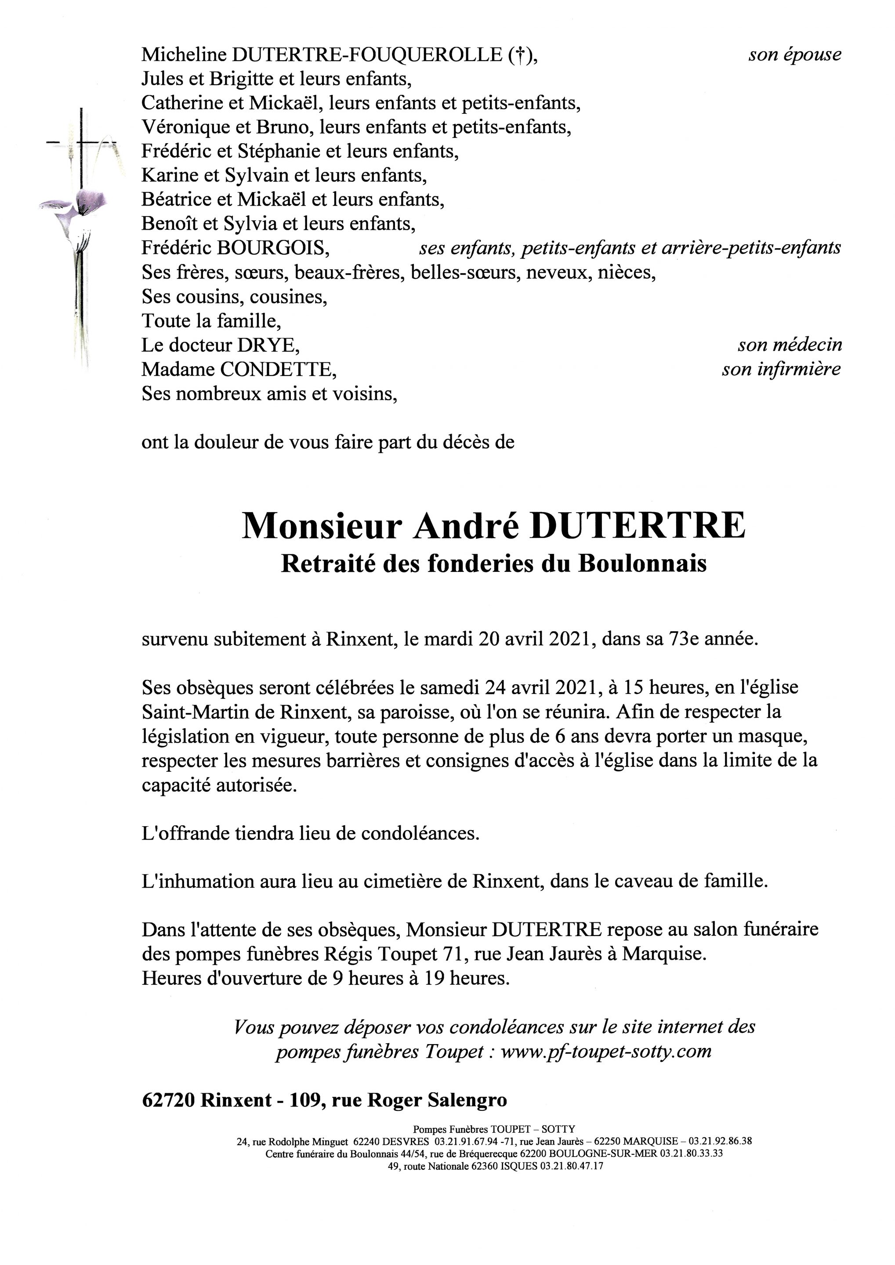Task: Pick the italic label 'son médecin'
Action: (790, 345)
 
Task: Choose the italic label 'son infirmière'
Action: (782, 370)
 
